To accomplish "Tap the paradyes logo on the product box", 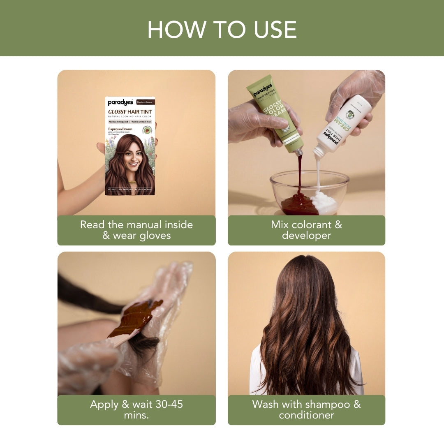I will point(118,102).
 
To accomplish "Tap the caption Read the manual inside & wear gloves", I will point(136,230).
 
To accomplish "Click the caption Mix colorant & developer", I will point(306,230).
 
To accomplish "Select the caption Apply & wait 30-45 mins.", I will point(136,409).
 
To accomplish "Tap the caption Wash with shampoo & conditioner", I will point(306,409).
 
